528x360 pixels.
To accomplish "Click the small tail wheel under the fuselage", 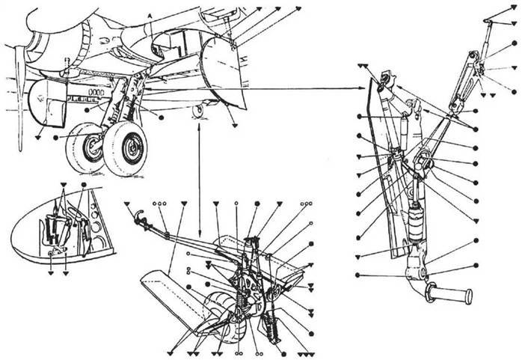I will (198, 111).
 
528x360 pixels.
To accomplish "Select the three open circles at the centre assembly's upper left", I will (159, 204).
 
